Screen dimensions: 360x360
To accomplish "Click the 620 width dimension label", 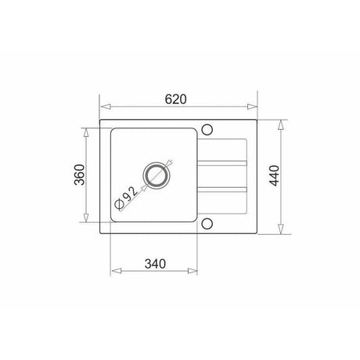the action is click(x=176, y=99).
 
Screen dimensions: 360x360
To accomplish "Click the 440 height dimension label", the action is click(x=275, y=175).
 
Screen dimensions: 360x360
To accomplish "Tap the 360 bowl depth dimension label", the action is click(x=80, y=175).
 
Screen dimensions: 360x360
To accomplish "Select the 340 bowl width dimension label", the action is click(x=155, y=264).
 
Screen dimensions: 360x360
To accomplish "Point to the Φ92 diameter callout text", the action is click(x=126, y=198).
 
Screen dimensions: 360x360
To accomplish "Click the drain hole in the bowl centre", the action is click(x=157, y=175).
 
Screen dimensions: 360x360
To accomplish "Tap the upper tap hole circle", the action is click(x=207, y=130).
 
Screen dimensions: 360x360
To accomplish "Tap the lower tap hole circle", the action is click(x=207, y=224).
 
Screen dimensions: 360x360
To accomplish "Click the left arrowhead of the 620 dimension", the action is click(x=106, y=106).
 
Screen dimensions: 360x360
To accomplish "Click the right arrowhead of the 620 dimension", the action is click(x=252, y=106).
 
